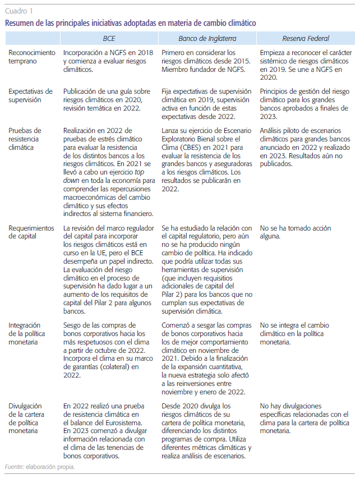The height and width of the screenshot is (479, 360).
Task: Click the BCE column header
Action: click(109, 39)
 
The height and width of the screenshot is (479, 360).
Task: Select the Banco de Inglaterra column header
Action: click(207, 39)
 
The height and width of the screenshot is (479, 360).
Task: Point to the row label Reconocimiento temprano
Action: click(33, 57)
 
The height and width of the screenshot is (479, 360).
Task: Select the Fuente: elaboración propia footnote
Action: click(39, 467)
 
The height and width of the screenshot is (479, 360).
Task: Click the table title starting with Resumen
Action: click(130, 23)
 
